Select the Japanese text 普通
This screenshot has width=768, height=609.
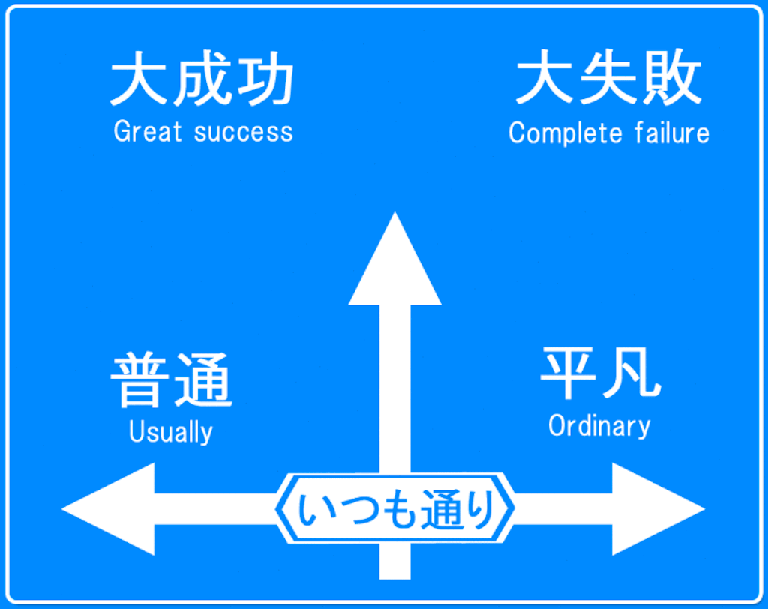[172, 380]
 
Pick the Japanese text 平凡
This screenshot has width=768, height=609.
[600, 374]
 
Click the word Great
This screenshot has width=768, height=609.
[148, 132]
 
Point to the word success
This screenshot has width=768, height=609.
[243, 133]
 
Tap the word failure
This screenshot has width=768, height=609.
[671, 133]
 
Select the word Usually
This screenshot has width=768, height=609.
[171, 433]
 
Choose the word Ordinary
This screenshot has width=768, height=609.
[599, 426]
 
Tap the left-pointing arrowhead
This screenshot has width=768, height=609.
[112, 509]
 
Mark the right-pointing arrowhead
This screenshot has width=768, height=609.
[655, 509]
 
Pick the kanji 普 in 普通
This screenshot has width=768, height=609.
[139, 380]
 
